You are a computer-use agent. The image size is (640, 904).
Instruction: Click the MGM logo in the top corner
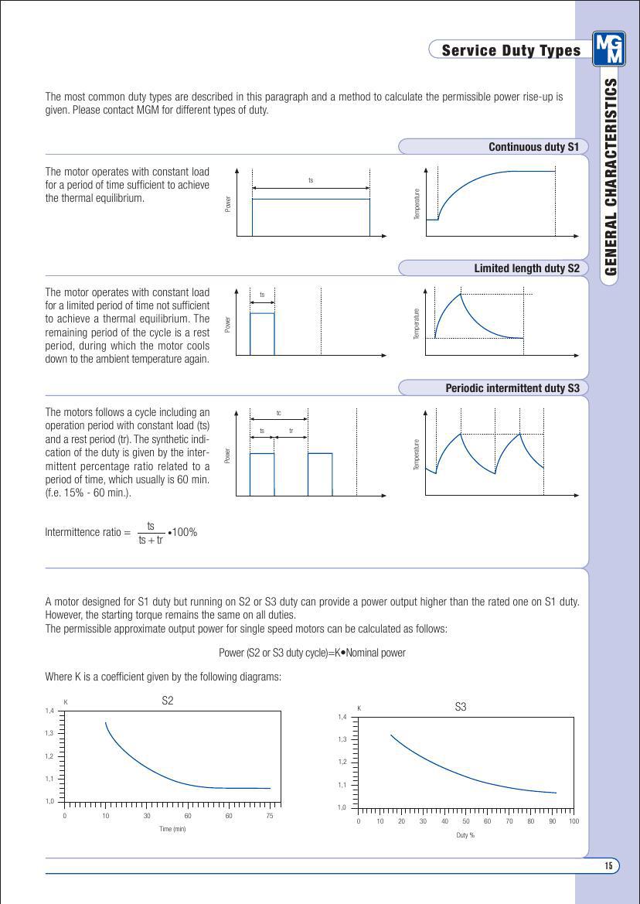[609, 49]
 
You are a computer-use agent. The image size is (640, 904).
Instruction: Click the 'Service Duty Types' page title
[511, 50]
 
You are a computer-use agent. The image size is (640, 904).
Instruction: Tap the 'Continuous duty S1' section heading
[533, 147]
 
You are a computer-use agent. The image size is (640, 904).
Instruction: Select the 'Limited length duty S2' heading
[526, 268]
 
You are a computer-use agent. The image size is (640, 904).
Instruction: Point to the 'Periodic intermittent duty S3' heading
[512, 388]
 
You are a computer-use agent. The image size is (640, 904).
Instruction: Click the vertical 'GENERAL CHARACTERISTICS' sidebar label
[611, 176]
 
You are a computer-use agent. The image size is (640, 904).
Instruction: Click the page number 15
[608, 866]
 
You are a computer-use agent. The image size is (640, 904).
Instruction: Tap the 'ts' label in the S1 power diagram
[311, 180]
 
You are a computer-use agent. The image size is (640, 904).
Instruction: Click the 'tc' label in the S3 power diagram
[278, 413]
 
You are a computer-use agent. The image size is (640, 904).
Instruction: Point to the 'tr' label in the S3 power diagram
[291, 431]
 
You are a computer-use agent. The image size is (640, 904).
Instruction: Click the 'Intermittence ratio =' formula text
[88, 532]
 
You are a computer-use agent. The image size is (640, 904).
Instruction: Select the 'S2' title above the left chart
[168, 701]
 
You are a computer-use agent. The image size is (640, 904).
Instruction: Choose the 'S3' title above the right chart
[461, 707]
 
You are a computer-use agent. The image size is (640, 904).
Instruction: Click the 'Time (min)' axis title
[172, 829]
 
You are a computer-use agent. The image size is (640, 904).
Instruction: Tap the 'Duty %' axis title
[465, 835]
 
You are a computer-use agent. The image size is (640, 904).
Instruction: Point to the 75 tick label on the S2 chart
[270, 816]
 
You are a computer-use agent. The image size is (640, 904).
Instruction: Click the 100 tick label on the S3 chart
[574, 821]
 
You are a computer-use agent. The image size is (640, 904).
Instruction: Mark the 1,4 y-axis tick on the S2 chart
[49, 710]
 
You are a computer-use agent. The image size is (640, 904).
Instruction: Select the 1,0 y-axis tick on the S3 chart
[342, 807]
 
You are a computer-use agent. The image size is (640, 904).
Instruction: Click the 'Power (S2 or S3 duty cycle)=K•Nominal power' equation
[312, 653]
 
